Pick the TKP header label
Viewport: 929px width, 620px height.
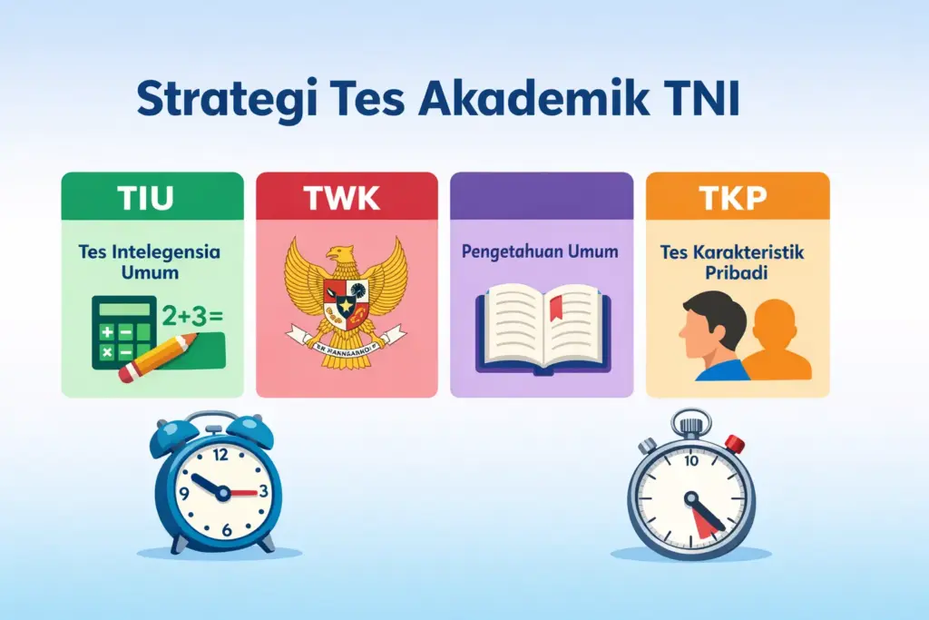tap(736, 198)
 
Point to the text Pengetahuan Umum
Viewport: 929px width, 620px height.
tap(541, 251)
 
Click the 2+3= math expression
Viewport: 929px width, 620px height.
tap(191, 317)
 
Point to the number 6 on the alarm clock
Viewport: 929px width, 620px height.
tap(226, 530)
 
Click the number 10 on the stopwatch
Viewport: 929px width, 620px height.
tap(690, 460)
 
